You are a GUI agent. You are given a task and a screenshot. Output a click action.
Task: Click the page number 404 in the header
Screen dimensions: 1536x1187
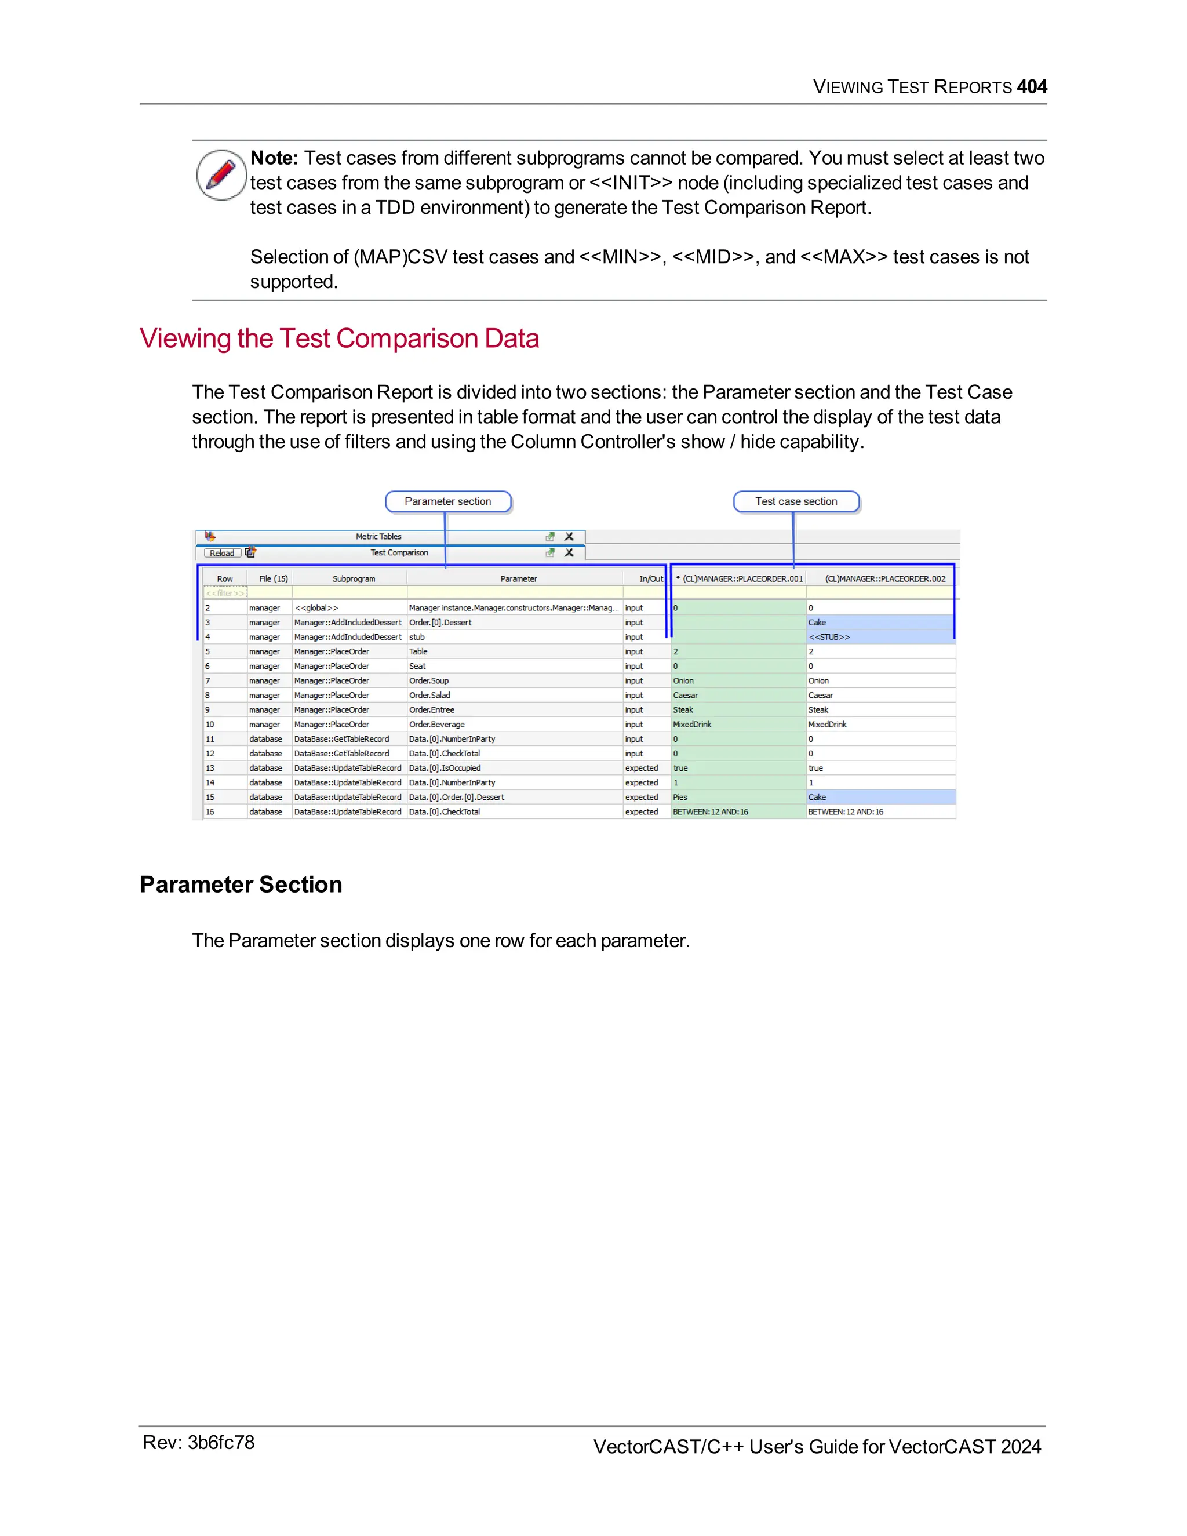tap(1031, 86)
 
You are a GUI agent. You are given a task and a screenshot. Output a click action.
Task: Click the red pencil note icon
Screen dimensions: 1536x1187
tap(221, 174)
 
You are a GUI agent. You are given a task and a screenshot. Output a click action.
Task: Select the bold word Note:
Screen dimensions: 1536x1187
tap(274, 158)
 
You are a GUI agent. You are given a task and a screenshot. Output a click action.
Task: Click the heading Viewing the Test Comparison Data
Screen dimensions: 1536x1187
tap(339, 338)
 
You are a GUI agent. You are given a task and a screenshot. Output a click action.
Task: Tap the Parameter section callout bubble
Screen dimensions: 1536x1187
tap(448, 501)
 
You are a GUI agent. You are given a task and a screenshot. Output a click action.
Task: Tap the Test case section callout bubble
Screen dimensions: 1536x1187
tap(795, 501)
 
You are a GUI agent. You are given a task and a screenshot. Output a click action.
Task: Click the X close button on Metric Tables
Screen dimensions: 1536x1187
tap(569, 537)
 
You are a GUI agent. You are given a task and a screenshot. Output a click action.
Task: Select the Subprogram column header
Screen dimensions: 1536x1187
tap(354, 579)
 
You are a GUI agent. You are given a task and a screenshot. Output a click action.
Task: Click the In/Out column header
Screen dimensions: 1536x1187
tap(650, 579)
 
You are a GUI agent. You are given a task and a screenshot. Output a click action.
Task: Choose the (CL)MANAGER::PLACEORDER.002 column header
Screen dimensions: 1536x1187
tap(884, 579)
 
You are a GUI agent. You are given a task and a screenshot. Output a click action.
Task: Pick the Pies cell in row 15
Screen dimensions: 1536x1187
tap(680, 798)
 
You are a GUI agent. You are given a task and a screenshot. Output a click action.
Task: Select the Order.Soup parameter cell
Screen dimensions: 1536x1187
tap(429, 681)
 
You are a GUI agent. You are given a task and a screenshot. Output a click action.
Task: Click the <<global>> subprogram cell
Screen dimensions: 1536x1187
tap(316, 607)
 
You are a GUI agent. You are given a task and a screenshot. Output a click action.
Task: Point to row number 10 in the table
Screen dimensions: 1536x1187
tap(210, 725)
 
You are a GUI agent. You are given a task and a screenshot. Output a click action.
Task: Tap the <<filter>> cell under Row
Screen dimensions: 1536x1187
tap(225, 593)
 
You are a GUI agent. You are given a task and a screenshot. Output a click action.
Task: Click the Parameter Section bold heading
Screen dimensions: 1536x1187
tap(241, 884)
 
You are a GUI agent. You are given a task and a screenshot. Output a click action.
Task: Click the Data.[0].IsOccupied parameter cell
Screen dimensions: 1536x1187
tap(445, 768)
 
